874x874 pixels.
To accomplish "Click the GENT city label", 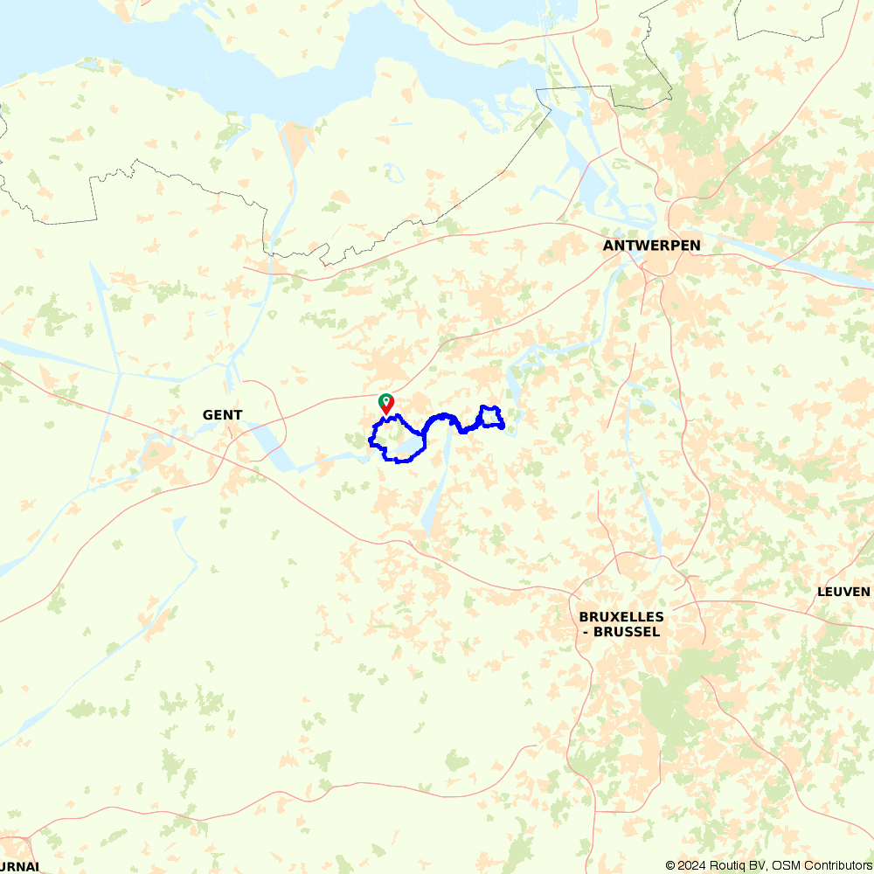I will [x=222, y=415].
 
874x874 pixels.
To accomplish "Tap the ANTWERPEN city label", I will [x=651, y=246].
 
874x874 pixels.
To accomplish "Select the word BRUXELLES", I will [x=621, y=616].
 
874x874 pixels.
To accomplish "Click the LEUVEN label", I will [x=843, y=592].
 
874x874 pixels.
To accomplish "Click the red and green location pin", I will [x=385, y=404].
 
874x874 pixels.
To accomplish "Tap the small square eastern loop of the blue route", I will [x=491, y=417].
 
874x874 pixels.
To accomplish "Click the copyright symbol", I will [x=671, y=865].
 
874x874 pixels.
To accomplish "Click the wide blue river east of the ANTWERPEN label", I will [x=787, y=262].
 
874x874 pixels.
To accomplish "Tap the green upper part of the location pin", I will [x=385, y=400].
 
